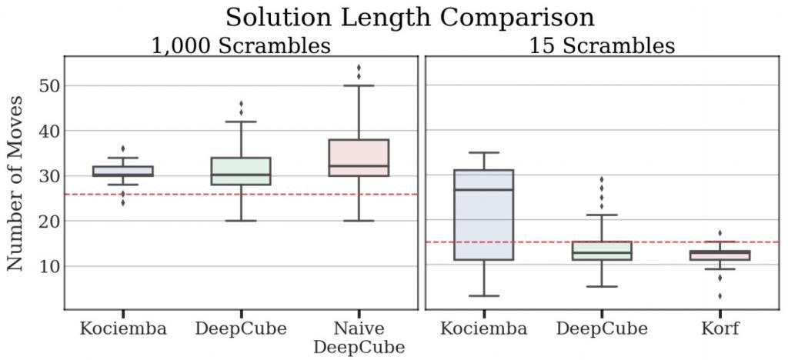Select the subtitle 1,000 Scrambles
pos(241,45)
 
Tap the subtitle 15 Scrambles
pos(602,45)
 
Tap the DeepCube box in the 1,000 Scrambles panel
pos(241,172)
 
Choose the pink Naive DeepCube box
pos(359,158)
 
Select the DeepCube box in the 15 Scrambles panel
pos(602,252)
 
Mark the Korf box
pos(720,255)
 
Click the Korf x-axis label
pos(720,329)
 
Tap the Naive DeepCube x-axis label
pos(359,338)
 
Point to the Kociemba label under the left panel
pos(123,329)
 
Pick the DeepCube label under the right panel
pos(602,329)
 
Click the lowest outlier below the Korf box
pos(720,296)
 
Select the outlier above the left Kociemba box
pos(123,148)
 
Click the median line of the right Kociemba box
pos(484,189)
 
